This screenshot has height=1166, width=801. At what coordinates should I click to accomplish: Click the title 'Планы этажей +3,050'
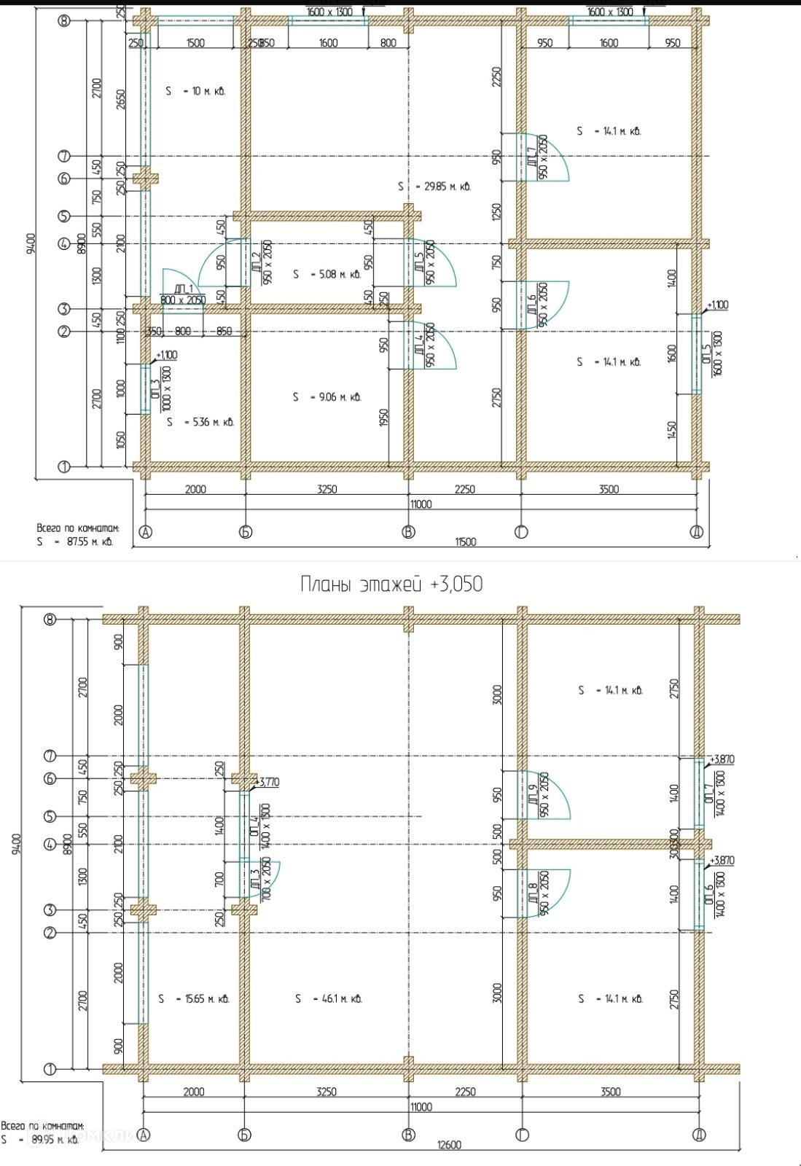click(x=391, y=584)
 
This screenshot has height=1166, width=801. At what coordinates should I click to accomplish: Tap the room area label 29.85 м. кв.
click(x=436, y=187)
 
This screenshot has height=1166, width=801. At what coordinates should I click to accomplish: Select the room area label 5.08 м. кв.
click(x=327, y=275)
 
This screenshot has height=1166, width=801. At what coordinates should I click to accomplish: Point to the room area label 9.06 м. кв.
click(x=327, y=397)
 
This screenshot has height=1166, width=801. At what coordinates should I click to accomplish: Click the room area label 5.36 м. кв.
click(x=200, y=422)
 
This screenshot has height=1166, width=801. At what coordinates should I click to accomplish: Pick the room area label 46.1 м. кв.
click(x=329, y=998)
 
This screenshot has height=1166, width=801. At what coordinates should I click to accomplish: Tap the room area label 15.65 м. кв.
click(x=194, y=998)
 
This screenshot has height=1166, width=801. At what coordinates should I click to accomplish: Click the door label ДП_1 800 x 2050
click(x=182, y=294)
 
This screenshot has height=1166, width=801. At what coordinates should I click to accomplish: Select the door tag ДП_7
click(x=532, y=156)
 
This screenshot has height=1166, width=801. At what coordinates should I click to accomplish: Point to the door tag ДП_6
click(x=532, y=305)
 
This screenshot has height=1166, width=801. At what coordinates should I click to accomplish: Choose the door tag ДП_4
click(x=419, y=345)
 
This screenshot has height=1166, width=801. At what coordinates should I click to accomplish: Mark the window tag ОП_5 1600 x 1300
click(x=711, y=355)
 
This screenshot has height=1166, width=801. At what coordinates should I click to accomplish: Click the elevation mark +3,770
click(x=267, y=782)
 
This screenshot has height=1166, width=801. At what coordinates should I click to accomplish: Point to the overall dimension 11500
click(x=465, y=541)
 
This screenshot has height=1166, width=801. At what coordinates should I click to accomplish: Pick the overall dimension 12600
click(x=449, y=1145)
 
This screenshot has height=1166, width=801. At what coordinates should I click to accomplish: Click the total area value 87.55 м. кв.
click(x=75, y=542)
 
